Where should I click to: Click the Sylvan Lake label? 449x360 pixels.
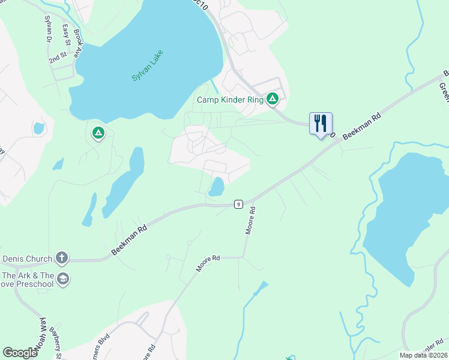[x=147, y=66]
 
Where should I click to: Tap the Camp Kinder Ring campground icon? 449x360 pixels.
[x=273, y=98]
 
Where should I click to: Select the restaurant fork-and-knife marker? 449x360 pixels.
[x=321, y=124]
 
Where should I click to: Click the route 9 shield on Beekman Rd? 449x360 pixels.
[x=238, y=205]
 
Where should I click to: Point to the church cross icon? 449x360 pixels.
[x=61, y=259]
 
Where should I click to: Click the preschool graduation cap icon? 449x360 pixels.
[x=63, y=278]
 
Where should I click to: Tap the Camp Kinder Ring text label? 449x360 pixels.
[x=231, y=100]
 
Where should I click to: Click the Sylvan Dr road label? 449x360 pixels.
[x=47, y=28]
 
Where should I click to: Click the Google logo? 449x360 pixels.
[x=20, y=353]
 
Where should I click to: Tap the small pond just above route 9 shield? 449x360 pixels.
[x=217, y=187]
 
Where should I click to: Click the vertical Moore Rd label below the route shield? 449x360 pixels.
[x=251, y=220]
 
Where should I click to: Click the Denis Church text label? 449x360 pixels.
[x=27, y=259]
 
